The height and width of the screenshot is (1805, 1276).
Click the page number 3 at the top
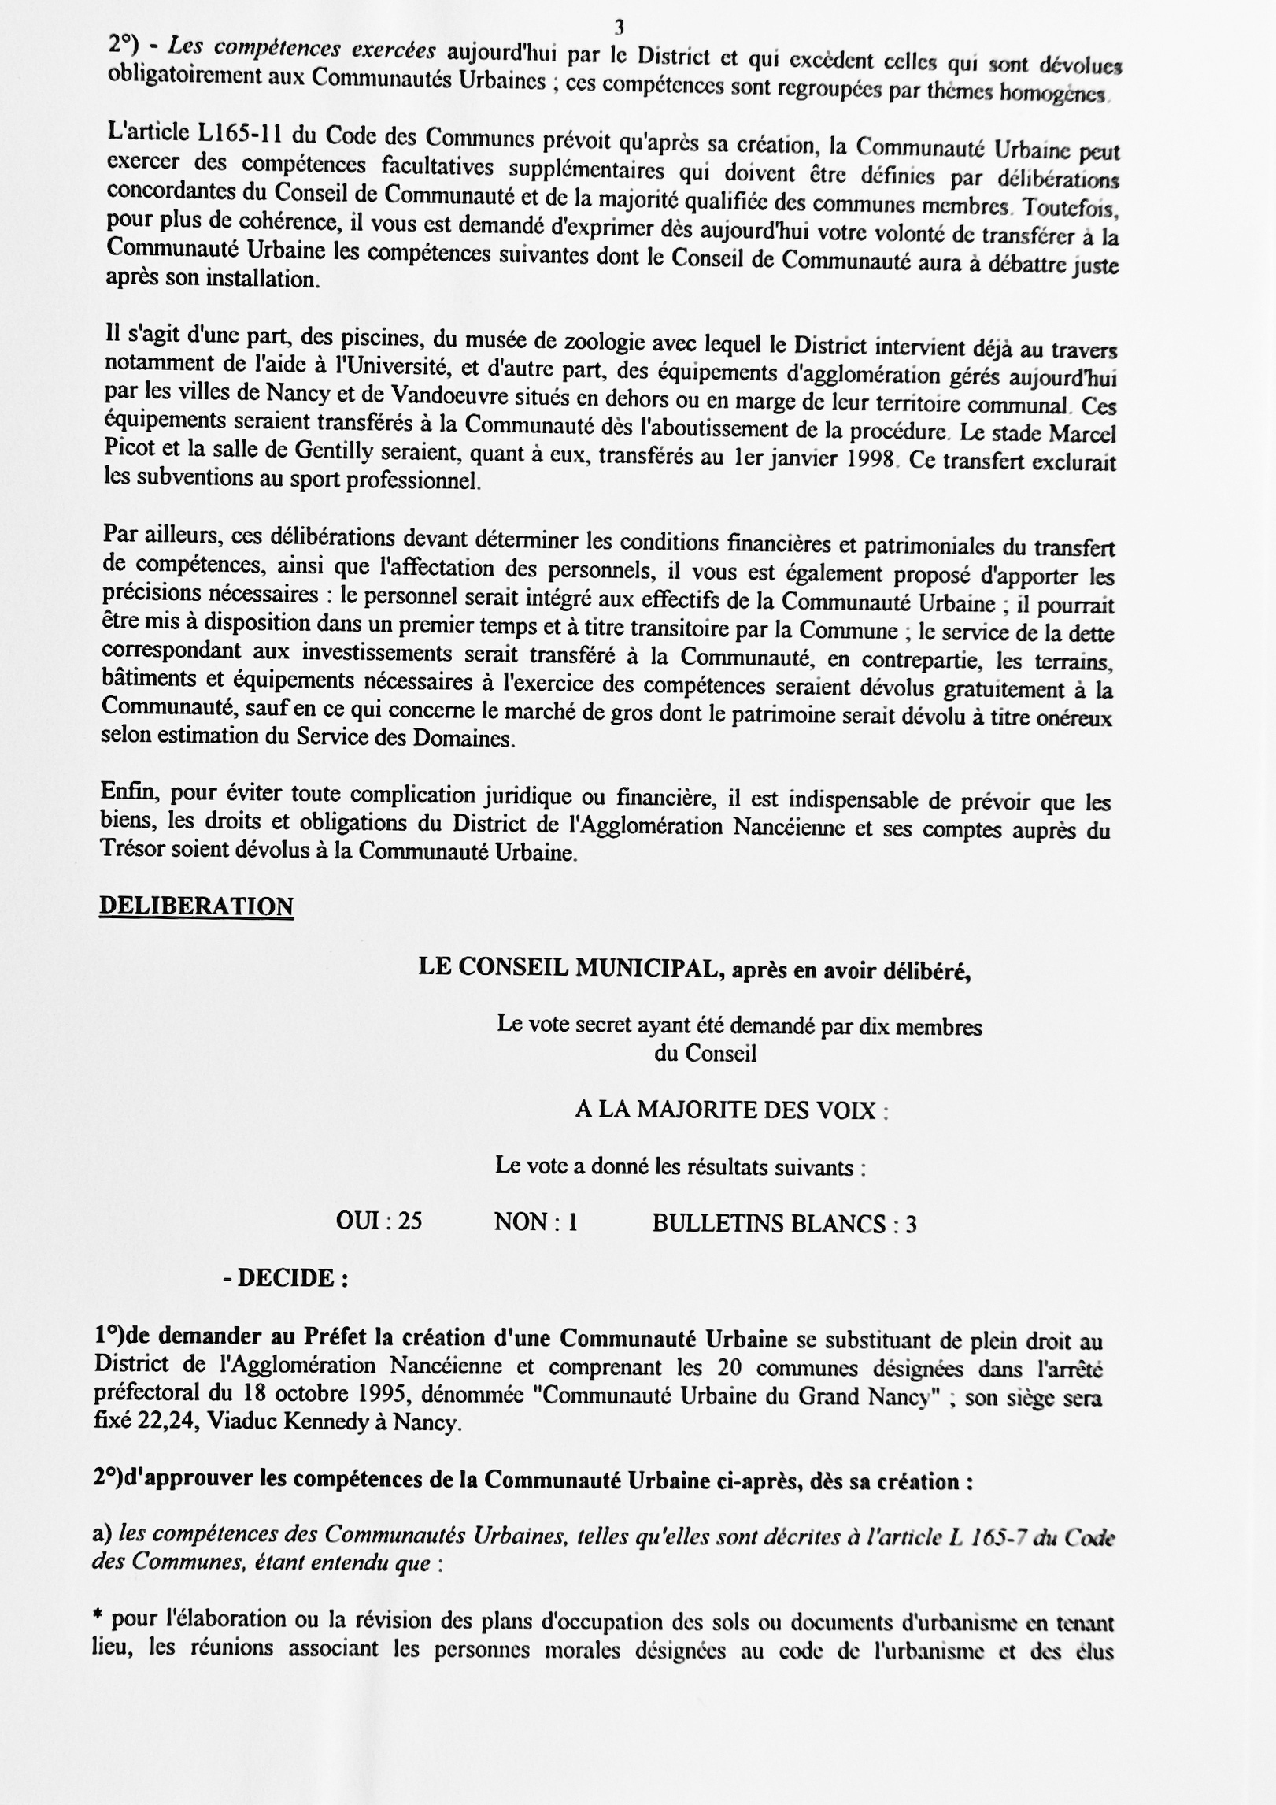click(x=620, y=28)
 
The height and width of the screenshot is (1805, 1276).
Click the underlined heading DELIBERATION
click(x=196, y=906)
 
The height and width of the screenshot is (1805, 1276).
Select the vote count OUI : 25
click(x=379, y=1221)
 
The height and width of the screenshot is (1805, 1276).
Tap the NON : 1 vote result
click(x=535, y=1222)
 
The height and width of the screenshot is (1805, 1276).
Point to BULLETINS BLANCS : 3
click(x=784, y=1223)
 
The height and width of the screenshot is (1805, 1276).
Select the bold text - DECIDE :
click(x=286, y=1277)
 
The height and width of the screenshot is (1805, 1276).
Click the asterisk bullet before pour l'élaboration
click(x=98, y=1617)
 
